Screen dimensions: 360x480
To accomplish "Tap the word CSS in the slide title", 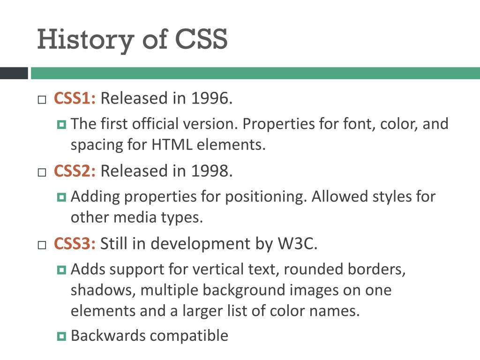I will [x=202, y=39].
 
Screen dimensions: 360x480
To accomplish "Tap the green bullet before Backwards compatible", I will [x=61, y=336].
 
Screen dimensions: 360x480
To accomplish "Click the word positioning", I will [x=266, y=196].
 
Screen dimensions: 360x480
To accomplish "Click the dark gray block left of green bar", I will [x=14, y=73].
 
